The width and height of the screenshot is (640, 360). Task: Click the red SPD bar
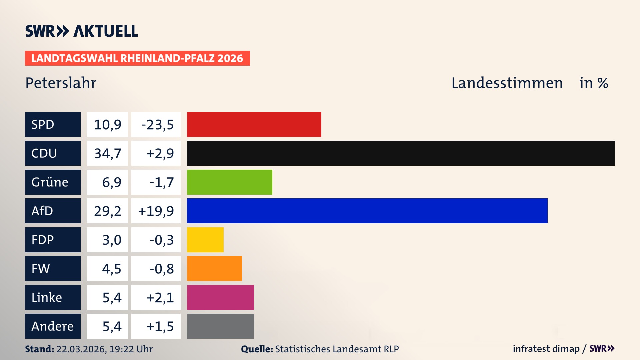pos(254,124)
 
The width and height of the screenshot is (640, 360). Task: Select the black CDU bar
pos(401,153)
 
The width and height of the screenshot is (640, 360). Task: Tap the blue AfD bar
pos(367,211)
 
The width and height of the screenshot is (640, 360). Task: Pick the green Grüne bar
pos(229,182)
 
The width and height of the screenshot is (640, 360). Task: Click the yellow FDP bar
pos(205,240)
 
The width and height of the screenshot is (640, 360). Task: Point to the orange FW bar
pos(214,268)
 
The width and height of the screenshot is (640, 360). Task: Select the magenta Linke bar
pos(220,297)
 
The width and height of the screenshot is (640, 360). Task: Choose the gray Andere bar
pos(220,326)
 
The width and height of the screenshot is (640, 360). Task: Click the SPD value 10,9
pos(107,125)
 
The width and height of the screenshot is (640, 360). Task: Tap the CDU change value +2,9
pos(160,153)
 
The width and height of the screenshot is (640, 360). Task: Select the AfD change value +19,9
pos(156,211)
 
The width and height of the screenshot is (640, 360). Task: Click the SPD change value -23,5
pos(157,125)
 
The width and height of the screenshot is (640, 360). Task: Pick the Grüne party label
pos(50,182)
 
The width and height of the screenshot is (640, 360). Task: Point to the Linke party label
pos(47,297)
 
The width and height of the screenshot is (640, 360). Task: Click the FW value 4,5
pos(111,269)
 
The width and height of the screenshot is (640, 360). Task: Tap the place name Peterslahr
pos(61,83)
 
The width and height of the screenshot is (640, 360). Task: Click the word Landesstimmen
pos(507,83)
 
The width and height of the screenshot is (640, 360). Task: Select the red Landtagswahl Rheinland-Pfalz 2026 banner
pos(137,58)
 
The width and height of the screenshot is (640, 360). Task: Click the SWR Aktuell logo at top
pos(82,31)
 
